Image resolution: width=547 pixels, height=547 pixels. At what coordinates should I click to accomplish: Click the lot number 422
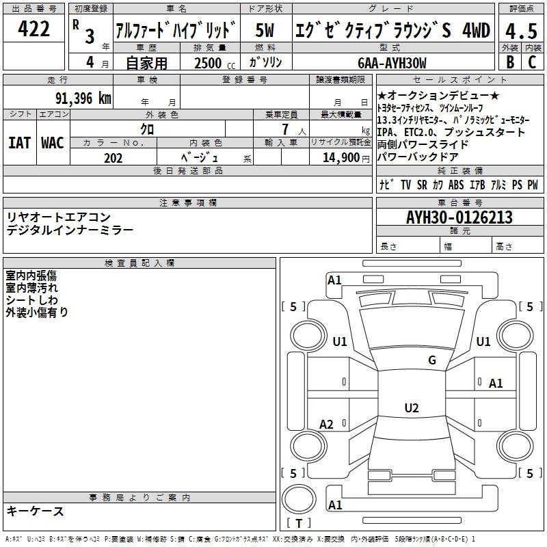pos(34,29)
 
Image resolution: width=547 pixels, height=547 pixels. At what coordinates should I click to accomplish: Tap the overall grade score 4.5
pos(522,31)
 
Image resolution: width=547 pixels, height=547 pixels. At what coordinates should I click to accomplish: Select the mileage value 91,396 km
pos(83,98)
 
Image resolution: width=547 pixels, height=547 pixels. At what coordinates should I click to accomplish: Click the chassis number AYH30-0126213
pos(459,217)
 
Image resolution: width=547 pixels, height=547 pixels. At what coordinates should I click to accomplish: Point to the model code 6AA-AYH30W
pos(392,63)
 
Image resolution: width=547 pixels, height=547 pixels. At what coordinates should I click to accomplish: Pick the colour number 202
pos(113,158)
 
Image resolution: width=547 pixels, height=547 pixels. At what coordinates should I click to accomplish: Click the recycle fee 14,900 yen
pos(346,158)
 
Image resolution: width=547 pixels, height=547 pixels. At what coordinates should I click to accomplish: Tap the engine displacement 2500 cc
pos(215,63)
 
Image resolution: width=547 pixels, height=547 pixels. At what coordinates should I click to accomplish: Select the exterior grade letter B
pos(510,62)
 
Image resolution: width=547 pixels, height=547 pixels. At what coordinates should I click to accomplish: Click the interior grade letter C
pos(532,62)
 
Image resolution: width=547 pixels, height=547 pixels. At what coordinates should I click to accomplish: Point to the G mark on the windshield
pos(432,360)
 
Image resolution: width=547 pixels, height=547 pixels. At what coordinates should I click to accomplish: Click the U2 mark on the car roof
pos(412,408)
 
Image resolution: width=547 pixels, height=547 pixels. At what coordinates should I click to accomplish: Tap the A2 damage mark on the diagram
pos(326,424)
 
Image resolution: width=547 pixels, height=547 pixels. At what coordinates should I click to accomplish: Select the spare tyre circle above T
pos(299,499)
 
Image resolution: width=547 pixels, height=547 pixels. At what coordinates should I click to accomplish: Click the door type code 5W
pos(265,30)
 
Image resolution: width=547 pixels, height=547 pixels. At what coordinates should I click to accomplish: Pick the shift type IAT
pos(19,143)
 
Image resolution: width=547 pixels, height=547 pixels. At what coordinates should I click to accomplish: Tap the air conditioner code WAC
pos(53,143)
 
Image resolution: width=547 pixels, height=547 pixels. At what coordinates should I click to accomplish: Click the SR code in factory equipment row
pos(422,185)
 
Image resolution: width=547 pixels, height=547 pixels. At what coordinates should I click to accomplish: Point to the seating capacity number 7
pos(285,129)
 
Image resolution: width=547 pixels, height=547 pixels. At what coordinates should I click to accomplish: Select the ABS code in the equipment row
pos(456,185)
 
